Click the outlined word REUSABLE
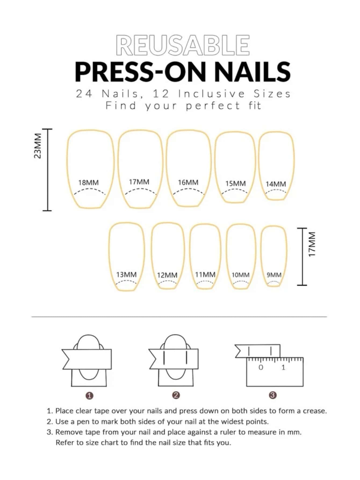(183, 45)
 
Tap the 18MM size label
(88, 183)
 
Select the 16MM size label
(188, 182)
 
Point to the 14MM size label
(276, 184)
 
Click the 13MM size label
(126, 275)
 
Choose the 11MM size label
(205, 275)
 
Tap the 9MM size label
(274, 275)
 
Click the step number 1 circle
(89, 396)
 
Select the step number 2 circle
(176, 395)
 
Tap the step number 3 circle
(272, 395)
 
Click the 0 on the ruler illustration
(261, 367)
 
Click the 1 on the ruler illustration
(283, 367)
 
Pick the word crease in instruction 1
(315, 411)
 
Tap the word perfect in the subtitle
(213, 106)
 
